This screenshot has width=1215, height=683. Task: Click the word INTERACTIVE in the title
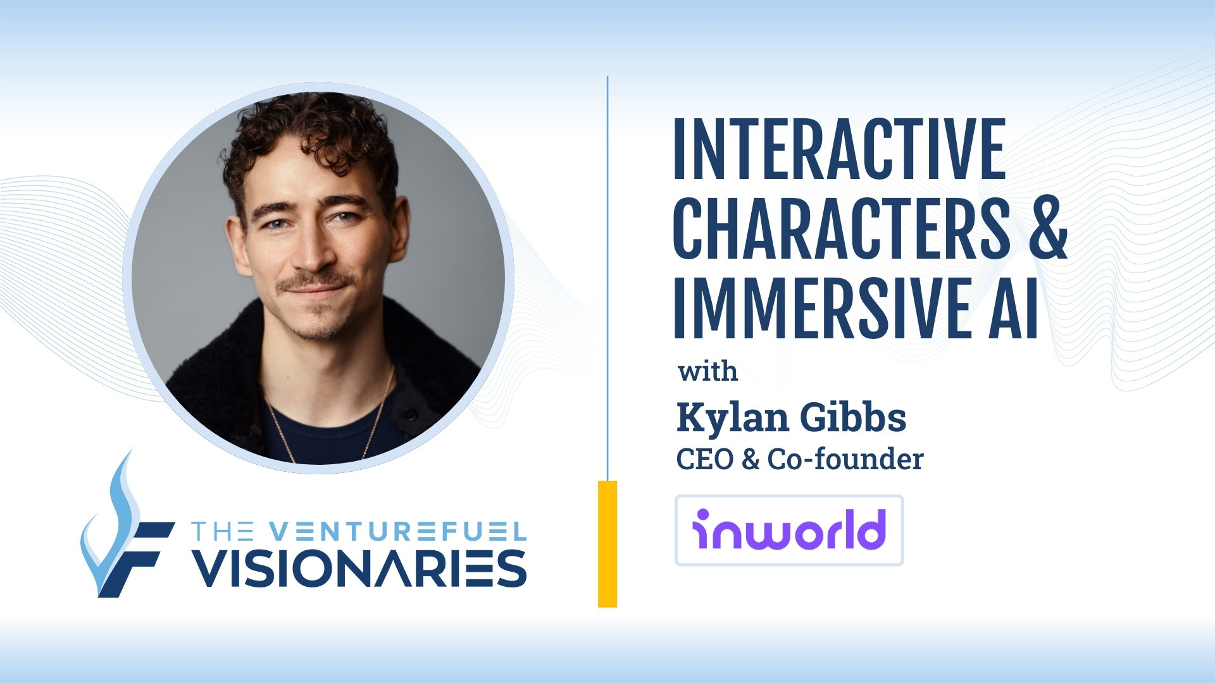pyautogui.click(x=839, y=150)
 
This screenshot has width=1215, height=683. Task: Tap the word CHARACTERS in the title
pyautogui.click(x=842, y=229)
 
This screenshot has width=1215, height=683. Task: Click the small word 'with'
pyautogui.click(x=707, y=371)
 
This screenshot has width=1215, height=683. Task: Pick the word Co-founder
pyautogui.click(x=845, y=459)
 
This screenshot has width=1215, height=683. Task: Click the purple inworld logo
pyautogui.click(x=788, y=530)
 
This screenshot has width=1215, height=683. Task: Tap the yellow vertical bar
pyautogui.click(x=607, y=544)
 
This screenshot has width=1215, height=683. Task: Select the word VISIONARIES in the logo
pyautogui.click(x=359, y=568)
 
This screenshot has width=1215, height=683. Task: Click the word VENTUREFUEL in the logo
pyautogui.click(x=396, y=531)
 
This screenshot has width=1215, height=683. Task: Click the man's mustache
pyautogui.click(x=316, y=283)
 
